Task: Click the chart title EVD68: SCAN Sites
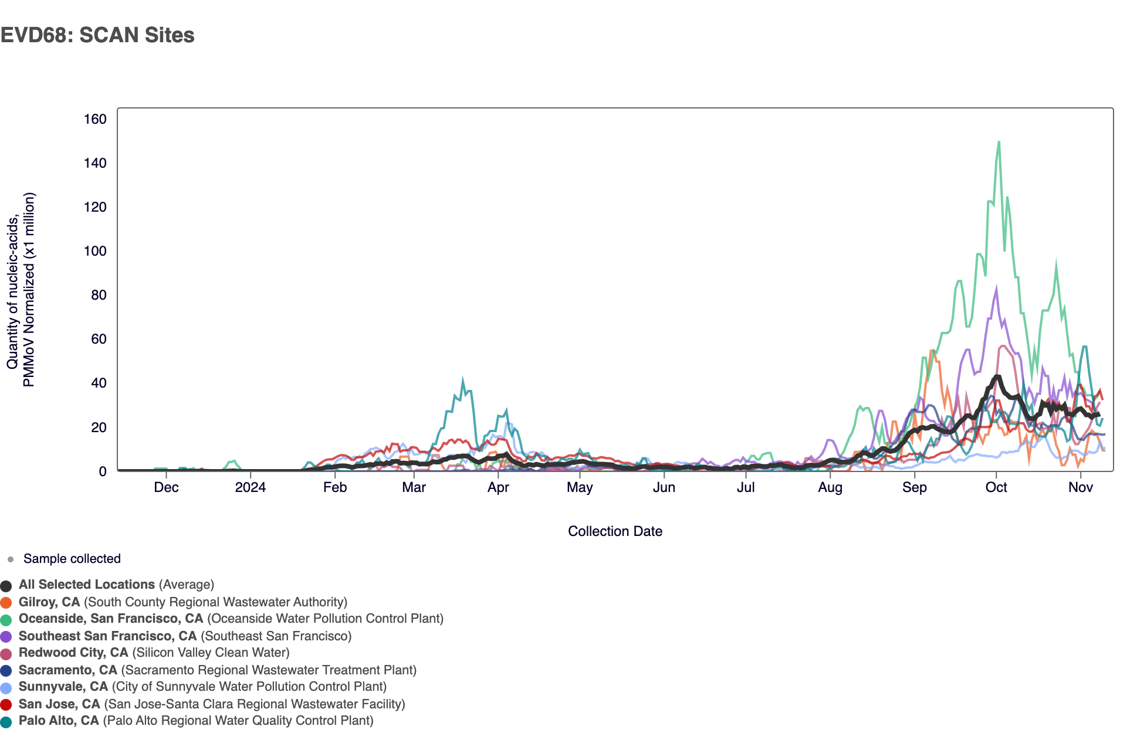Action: click(97, 35)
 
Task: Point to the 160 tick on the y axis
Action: click(95, 119)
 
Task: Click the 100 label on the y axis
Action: click(95, 251)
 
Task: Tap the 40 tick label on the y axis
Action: click(99, 383)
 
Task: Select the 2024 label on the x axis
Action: click(250, 487)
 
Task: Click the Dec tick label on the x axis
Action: click(166, 487)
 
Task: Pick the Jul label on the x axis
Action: click(745, 487)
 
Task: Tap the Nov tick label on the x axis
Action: click(1080, 487)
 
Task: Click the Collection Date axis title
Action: click(615, 531)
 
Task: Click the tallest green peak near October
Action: click(999, 142)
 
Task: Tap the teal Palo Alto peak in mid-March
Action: click(463, 381)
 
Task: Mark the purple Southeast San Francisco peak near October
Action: click(996, 288)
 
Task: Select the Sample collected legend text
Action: click(72, 559)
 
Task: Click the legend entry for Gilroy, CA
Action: click(49, 602)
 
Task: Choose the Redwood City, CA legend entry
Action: click(73, 653)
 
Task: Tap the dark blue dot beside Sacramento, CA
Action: click(6, 670)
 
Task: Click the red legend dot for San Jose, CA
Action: click(6, 704)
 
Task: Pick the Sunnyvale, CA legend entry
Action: click(63, 687)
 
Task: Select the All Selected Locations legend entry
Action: click(87, 585)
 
